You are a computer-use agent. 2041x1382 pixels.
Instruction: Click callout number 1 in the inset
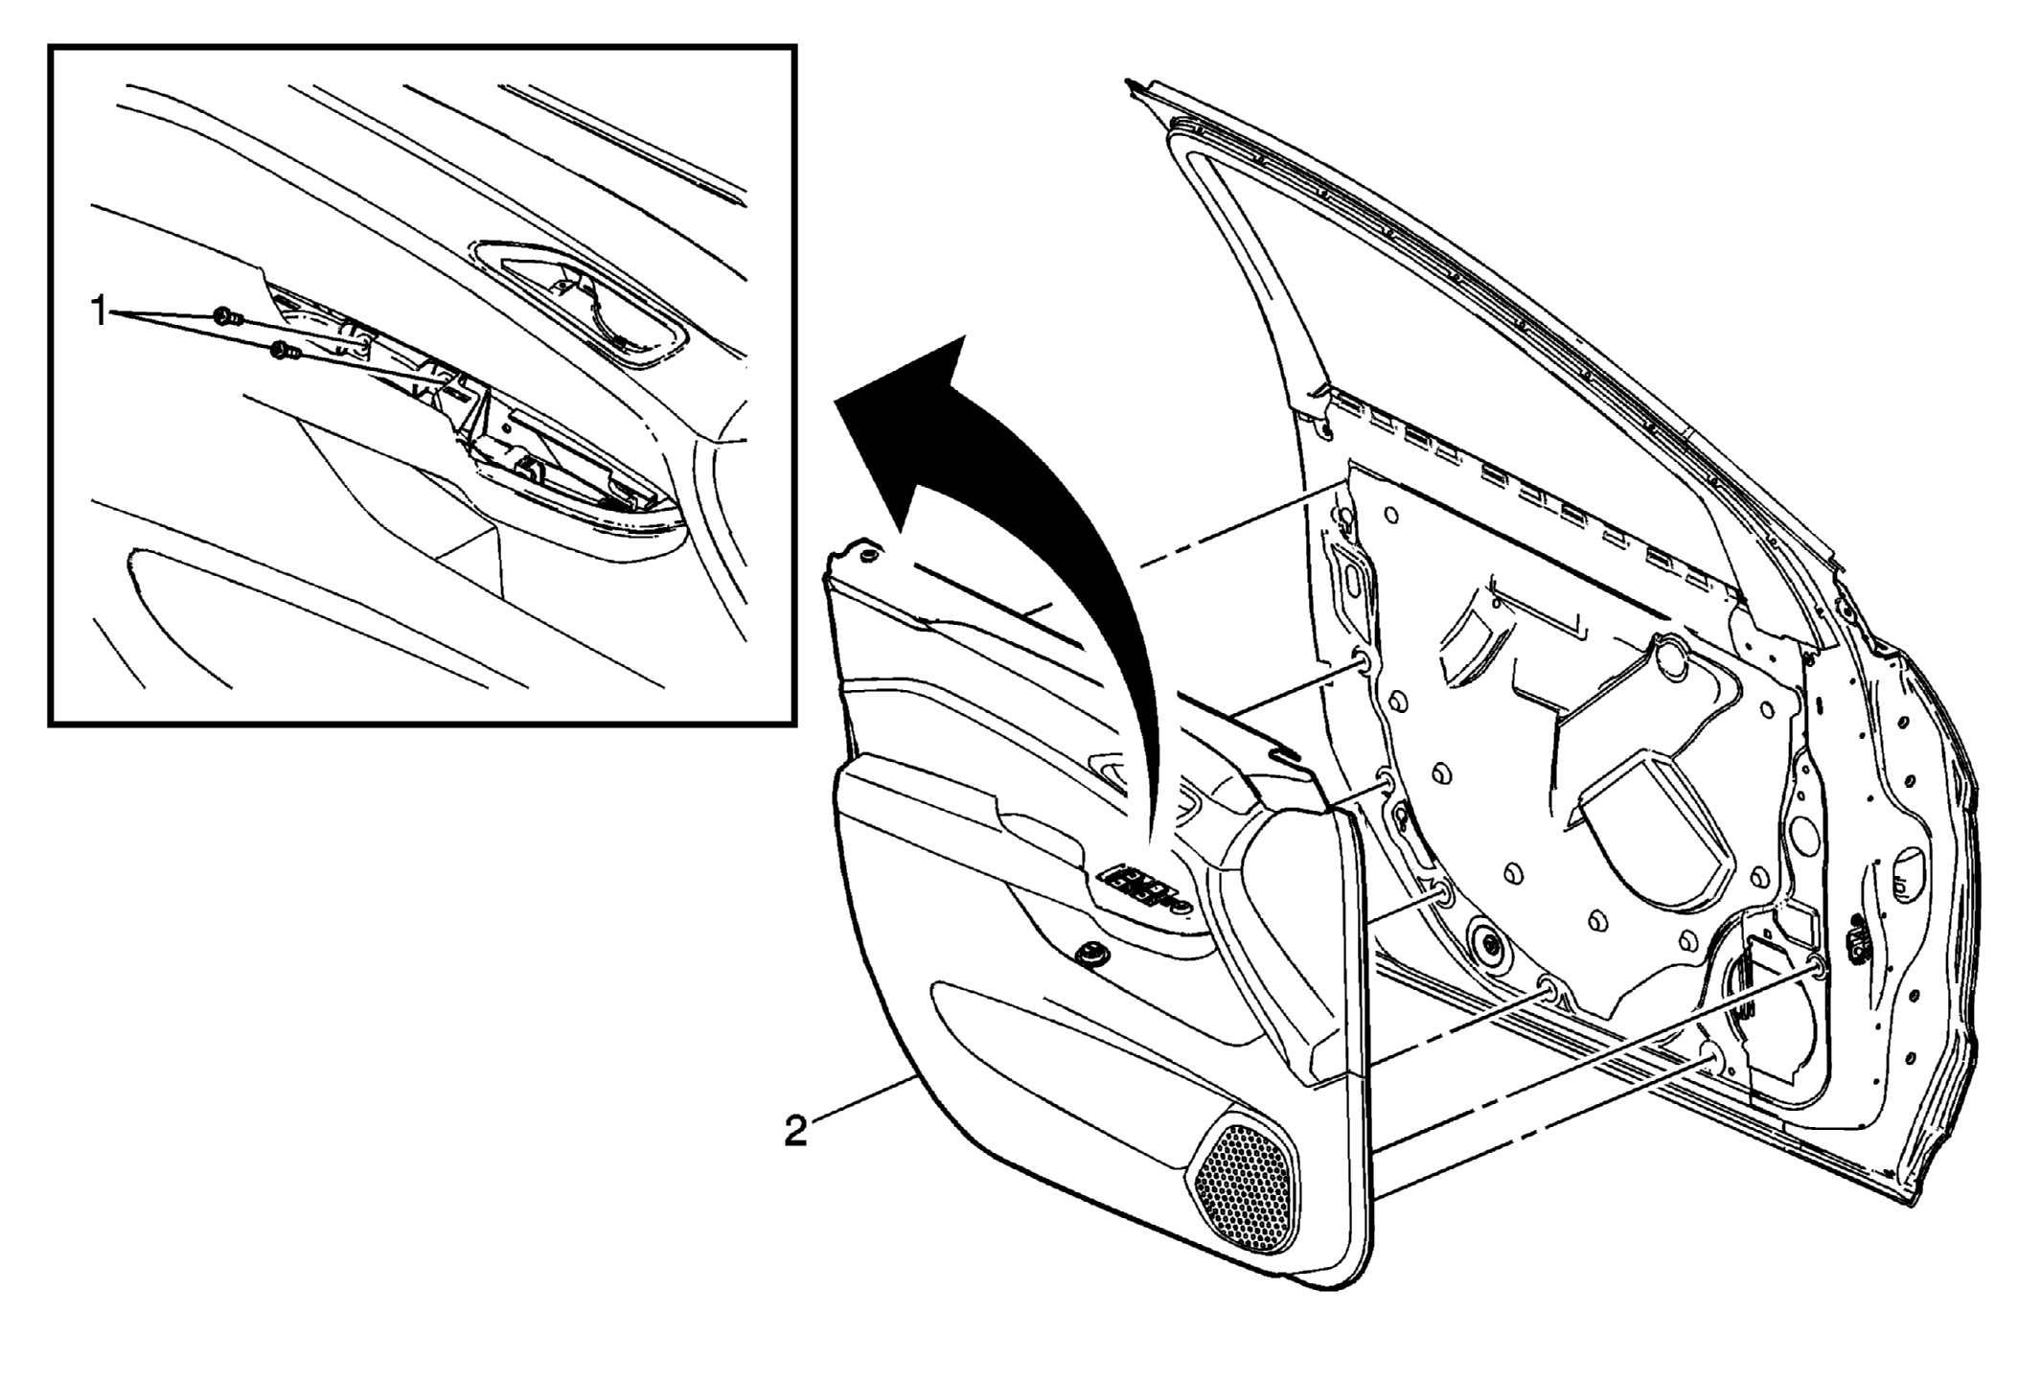[x=99, y=311]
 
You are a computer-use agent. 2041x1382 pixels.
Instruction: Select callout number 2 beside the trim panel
[x=795, y=1131]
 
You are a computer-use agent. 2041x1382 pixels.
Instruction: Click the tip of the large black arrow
[x=837, y=401]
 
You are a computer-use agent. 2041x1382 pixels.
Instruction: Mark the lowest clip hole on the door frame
[x=1710, y=1056]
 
